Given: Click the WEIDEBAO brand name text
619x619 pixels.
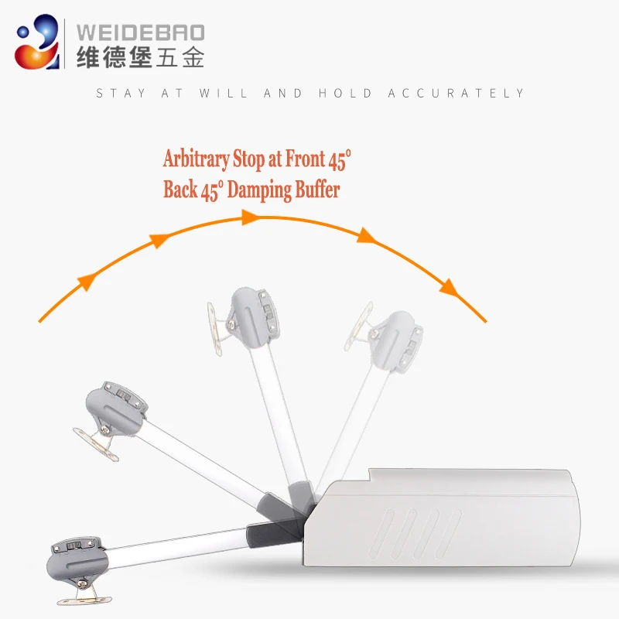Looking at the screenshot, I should (x=140, y=32).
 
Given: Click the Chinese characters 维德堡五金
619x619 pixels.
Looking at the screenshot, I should (x=140, y=57).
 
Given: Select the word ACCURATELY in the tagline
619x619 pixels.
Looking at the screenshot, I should (x=457, y=94).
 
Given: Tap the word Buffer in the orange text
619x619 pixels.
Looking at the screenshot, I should (x=316, y=190).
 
